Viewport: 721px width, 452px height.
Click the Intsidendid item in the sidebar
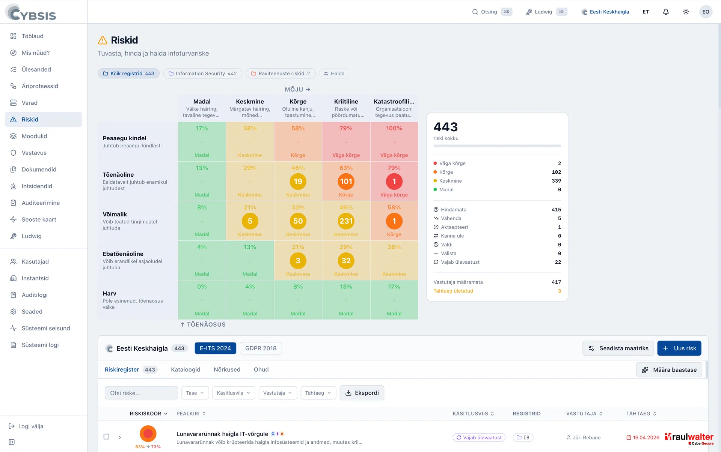(37, 186)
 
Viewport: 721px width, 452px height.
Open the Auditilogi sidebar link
(35, 295)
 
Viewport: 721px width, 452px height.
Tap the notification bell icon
(666, 12)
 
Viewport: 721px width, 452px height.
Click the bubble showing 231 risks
(346, 221)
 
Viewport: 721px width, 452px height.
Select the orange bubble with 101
(346, 182)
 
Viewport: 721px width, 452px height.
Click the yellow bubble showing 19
(298, 182)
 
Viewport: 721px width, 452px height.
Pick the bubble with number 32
(346, 261)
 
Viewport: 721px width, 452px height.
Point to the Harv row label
(109, 293)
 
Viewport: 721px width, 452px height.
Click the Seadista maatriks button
(618, 348)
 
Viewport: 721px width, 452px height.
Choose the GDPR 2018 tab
(261, 348)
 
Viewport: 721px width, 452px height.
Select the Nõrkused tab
(227, 369)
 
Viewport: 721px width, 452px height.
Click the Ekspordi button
(362, 393)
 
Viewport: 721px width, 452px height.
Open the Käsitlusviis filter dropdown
(233, 393)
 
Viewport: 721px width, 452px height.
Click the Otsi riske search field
(141, 393)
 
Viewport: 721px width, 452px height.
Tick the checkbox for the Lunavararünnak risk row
(106, 437)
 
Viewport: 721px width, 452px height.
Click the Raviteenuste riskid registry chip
(281, 74)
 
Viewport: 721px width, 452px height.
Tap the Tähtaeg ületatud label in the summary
(453, 291)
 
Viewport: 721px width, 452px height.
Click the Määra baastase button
(669, 370)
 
